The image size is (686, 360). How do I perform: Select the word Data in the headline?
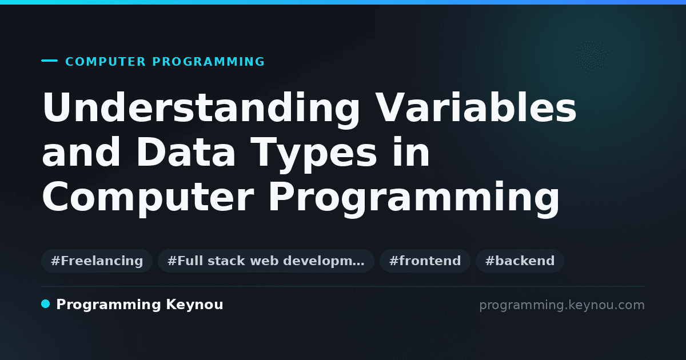186,152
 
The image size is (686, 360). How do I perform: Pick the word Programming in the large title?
414,199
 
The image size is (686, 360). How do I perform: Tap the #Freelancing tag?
97,261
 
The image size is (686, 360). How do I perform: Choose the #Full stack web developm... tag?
266,261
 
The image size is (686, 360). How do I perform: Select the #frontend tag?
425,261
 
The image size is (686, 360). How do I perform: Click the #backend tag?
520,261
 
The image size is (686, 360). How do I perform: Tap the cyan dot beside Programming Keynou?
46,304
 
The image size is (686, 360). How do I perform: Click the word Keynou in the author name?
194,305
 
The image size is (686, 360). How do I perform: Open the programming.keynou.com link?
562,305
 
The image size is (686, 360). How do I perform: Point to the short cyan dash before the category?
49,61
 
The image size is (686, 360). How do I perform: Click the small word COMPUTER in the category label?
106,62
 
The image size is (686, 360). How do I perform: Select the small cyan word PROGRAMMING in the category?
209,62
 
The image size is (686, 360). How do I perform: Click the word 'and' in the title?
81,152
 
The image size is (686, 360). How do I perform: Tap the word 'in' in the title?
411,152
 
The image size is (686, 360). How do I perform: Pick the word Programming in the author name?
109,305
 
